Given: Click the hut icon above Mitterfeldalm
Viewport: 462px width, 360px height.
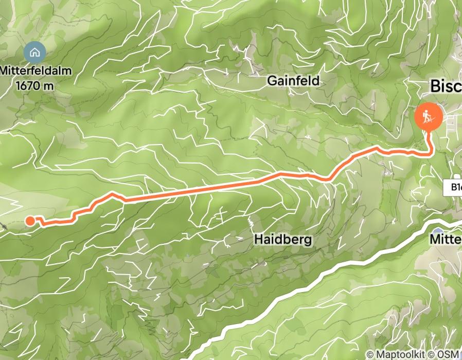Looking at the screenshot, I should [34, 52].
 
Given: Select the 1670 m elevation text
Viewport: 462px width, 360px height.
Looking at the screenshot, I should [34, 85].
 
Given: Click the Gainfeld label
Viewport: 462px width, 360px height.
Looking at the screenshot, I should [293, 81].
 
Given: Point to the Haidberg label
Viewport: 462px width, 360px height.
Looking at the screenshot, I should [283, 240].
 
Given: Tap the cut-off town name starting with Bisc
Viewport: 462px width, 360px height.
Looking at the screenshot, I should [445, 86].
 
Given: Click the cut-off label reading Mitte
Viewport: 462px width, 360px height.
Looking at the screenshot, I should [446, 239].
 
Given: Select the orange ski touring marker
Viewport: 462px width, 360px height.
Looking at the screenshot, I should [428, 116].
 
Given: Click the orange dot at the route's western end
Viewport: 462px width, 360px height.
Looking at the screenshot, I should [30, 221].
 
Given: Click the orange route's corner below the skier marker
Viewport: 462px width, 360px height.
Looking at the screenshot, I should [430, 153].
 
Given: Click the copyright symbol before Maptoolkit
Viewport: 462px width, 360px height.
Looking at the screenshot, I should [369, 354].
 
